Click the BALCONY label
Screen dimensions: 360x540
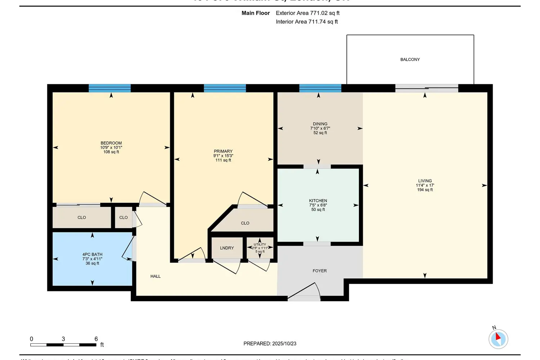[x=410, y=59]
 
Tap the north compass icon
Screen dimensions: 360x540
[x=498, y=339]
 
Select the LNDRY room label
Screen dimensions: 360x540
[x=227, y=248]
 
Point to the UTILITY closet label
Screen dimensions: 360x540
[x=260, y=244]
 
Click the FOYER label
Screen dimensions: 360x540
[x=320, y=271]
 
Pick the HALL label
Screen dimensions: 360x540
[x=156, y=276]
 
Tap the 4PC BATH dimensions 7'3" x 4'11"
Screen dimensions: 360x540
[x=93, y=259]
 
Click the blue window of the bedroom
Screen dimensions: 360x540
[x=110, y=88]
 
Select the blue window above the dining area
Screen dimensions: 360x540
[x=320, y=88]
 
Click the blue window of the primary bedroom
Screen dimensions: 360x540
[x=225, y=88]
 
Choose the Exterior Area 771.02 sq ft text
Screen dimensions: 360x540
[x=307, y=13]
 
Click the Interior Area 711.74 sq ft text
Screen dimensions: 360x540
[x=307, y=22]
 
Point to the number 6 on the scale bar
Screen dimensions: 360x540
[x=96, y=339]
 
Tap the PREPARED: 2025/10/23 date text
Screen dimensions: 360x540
[x=270, y=343]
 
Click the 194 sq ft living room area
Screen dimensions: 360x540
[x=425, y=190]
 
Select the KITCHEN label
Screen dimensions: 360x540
[x=318, y=201]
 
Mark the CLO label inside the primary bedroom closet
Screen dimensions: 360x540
[x=245, y=223]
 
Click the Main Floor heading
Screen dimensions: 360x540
[x=256, y=13]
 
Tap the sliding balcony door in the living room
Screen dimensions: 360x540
[x=427, y=88]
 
